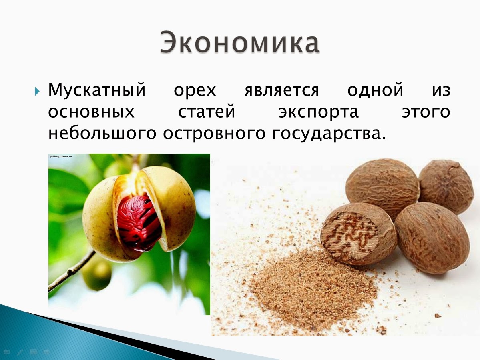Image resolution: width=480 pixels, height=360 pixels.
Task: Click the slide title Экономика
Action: [x=240, y=42]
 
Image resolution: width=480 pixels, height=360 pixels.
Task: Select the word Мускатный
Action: [x=96, y=91]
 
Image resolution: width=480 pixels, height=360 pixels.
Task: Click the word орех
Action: [x=195, y=91]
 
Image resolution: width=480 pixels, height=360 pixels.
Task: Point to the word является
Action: [x=281, y=91]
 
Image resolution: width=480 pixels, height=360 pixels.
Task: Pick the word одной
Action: [x=375, y=90]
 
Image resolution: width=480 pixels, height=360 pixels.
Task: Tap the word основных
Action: [x=91, y=112]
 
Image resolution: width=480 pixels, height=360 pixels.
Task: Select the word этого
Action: [x=426, y=112]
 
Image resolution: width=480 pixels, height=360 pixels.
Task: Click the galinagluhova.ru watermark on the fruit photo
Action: [x=60, y=156]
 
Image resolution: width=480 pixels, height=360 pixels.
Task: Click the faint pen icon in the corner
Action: [x=20, y=352]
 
